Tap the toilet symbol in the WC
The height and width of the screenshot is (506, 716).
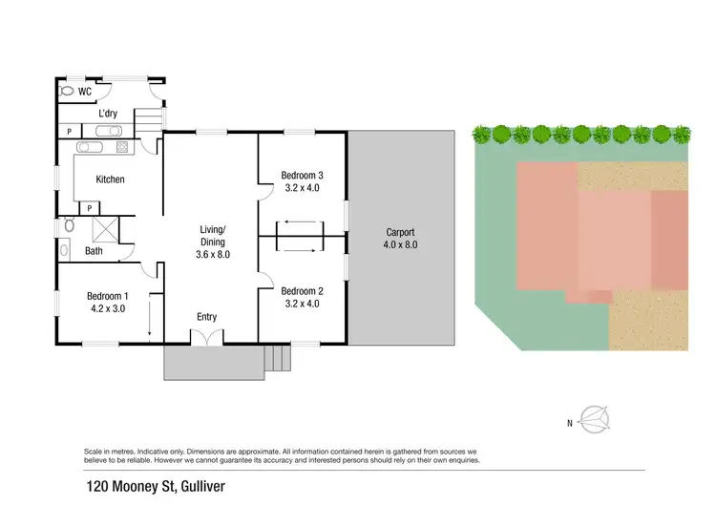(x=67, y=93)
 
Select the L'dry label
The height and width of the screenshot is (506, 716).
(x=108, y=115)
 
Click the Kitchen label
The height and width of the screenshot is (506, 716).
(x=110, y=179)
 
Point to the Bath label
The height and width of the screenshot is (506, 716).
(x=94, y=251)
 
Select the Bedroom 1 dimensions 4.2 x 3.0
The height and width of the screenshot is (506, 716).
(x=108, y=308)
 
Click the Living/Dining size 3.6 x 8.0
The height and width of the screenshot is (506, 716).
(x=212, y=254)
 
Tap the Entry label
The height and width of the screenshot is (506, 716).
(x=207, y=317)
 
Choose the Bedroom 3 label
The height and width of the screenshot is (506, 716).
(x=302, y=175)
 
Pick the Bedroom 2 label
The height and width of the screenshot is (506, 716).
(x=302, y=291)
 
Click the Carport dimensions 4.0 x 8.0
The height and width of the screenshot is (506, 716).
(x=401, y=244)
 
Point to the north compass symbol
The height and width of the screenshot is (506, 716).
(x=595, y=419)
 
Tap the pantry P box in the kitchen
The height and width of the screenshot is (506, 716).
(x=89, y=207)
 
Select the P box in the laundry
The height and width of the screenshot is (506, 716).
(x=70, y=132)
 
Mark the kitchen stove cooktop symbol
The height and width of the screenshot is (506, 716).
(x=122, y=148)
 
